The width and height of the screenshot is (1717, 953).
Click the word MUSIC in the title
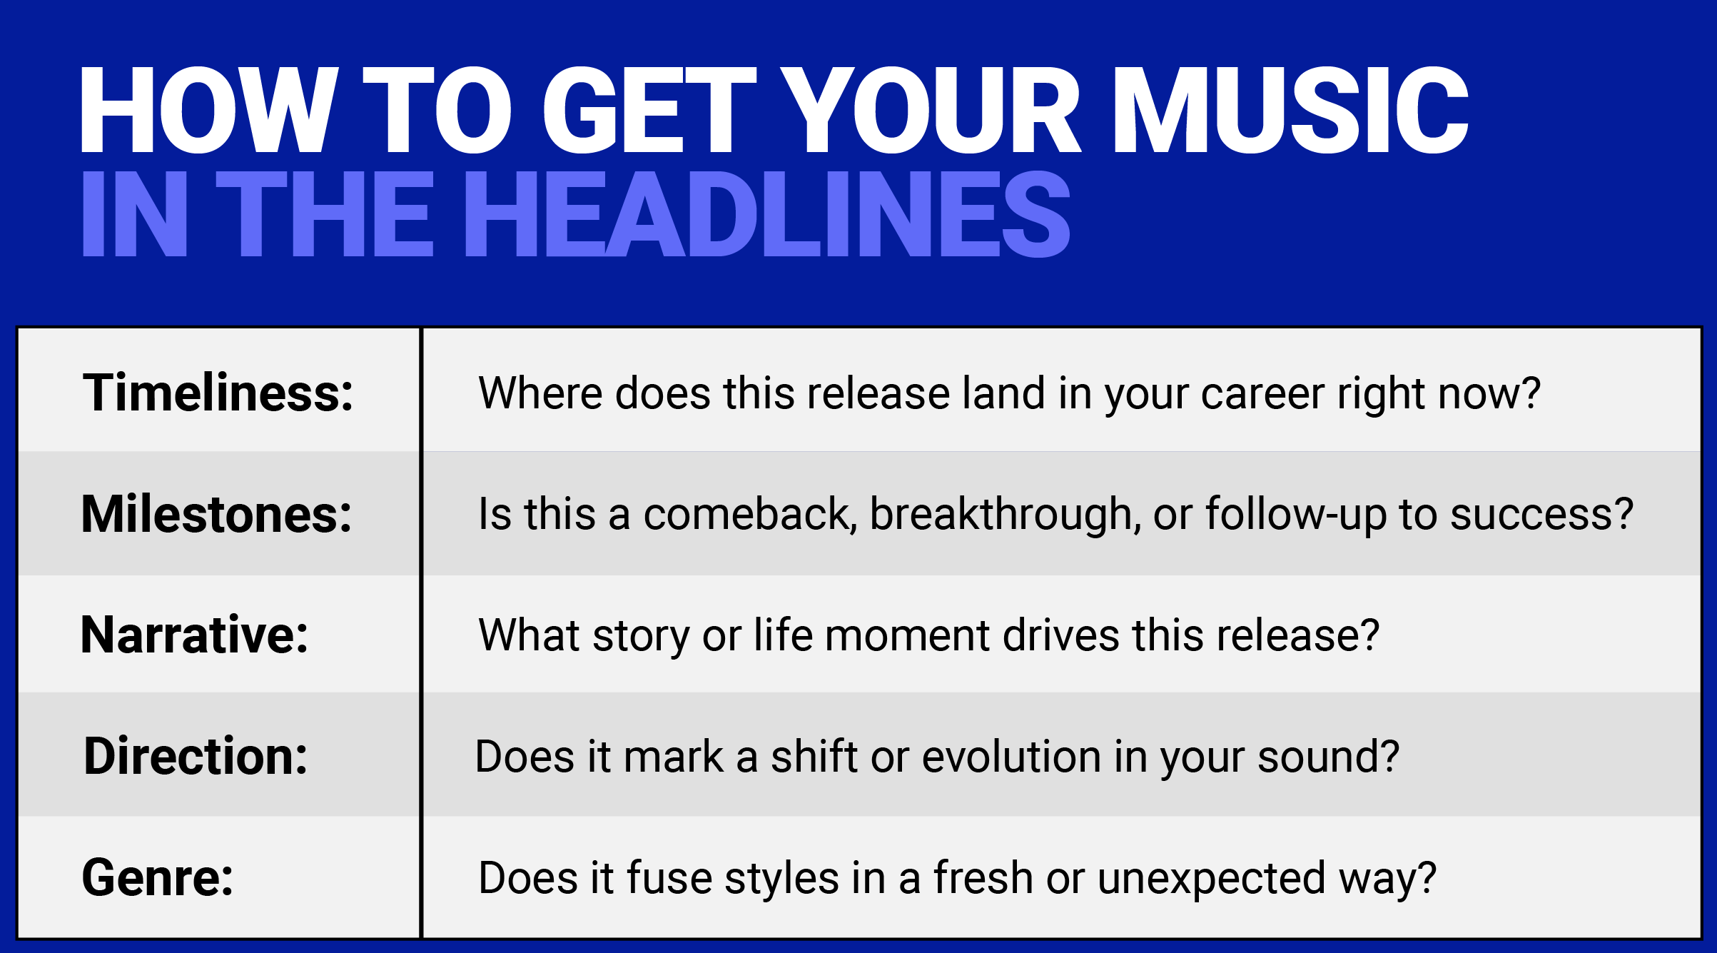click(1290, 111)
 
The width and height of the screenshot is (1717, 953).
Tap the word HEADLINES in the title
click(767, 214)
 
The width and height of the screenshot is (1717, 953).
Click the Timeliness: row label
click(218, 393)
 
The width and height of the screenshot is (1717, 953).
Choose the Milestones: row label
click(217, 514)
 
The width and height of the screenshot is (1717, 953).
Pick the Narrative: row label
click(195, 635)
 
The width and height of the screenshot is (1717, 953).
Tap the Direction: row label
click(196, 756)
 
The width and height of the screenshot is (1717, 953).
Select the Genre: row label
click(158, 877)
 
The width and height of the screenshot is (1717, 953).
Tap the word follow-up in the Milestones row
click(1295, 514)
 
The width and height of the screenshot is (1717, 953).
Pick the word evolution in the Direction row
click(1011, 757)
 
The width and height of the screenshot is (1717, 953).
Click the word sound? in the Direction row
click(1328, 757)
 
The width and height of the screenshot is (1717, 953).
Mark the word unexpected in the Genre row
click(1212, 878)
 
